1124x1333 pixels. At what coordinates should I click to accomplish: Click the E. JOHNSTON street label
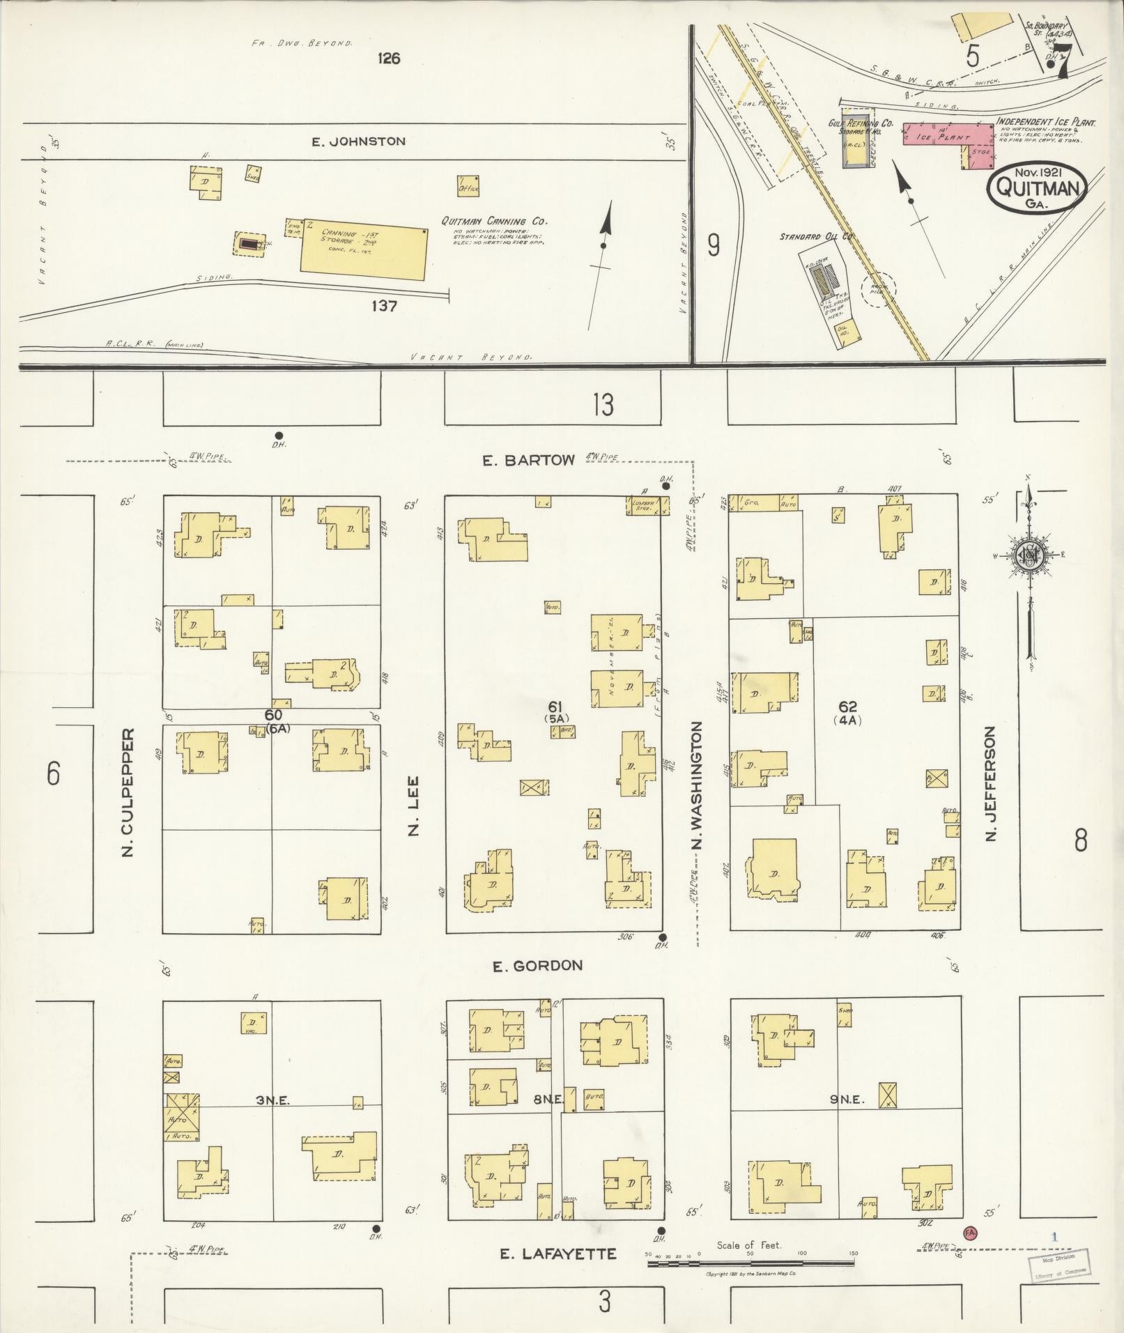[x=358, y=141]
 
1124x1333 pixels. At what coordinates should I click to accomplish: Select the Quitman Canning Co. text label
[x=493, y=221]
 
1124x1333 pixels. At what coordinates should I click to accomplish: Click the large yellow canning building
[x=363, y=249]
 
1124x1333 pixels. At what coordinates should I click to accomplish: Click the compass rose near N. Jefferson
[x=1029, y=555]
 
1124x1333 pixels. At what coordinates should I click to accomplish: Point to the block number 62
[x=847, y=707]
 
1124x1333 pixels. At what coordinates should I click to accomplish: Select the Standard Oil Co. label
[x=817, y=237]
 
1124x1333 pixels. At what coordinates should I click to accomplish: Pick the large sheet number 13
[x=603, y=405]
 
